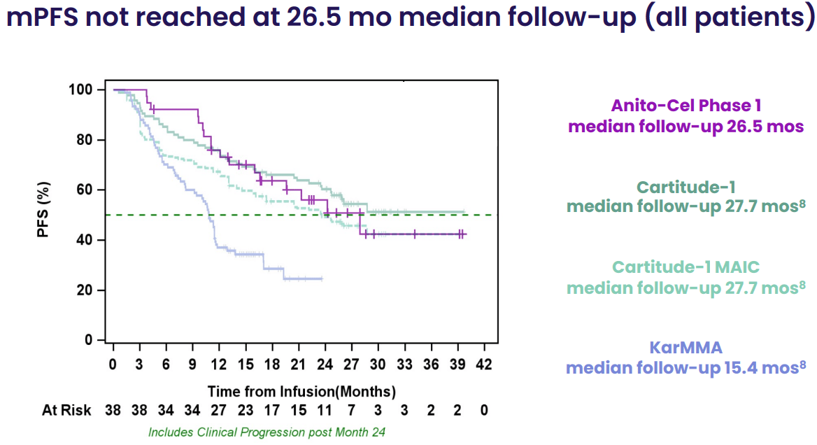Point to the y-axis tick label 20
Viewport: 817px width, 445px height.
point(87,290)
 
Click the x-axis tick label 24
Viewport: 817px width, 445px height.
point(325,365)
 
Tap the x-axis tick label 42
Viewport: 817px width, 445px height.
point(484,365)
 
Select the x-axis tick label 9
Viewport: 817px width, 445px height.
point(192,365)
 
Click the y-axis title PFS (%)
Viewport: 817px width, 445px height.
point(44,211)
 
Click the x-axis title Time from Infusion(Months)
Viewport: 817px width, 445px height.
point(301,390)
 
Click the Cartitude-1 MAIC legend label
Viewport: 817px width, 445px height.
point(685,267)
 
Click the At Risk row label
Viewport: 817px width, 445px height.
point(66,410)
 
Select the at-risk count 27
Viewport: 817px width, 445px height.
point(218,410)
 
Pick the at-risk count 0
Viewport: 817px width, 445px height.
point(484,410)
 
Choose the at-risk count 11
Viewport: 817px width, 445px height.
point(325,410)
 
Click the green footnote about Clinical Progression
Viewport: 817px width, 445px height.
point(267,432)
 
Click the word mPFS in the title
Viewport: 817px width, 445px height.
point(43,18)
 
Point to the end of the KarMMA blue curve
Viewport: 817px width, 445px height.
point(322,278)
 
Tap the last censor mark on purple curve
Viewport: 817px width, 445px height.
point(462,234)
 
